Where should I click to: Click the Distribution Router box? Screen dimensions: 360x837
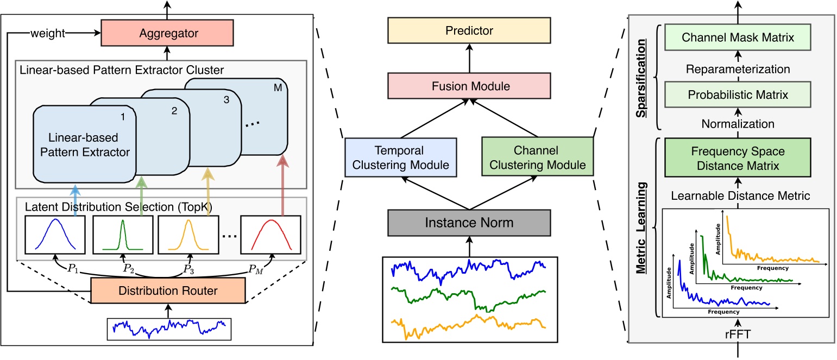pyautogui.click(x=168, y=291)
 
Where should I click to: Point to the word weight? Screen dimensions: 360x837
pyautogui.click(x=48, y=33)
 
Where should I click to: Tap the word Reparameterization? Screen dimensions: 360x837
pyautogui.click(x=738, y=69)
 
